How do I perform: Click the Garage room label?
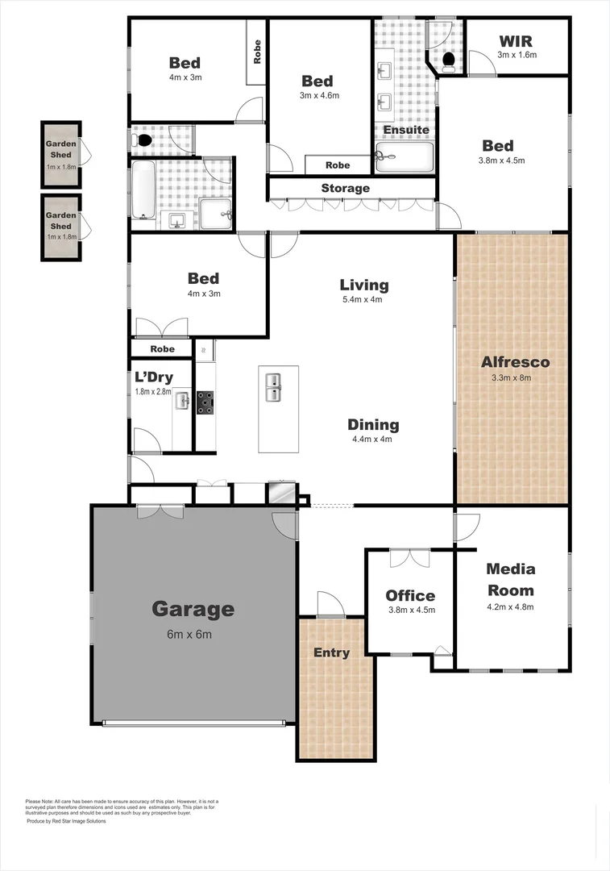pos(193,609)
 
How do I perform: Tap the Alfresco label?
pos(515,361)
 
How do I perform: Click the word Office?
pos(409,595)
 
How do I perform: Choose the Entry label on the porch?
pos(331,652)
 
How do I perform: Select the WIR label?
pos(517,41)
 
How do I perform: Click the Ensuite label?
pos(405,130)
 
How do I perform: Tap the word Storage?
pos(345,188)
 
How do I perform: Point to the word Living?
pos(363,285)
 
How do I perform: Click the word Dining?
pos(373,424)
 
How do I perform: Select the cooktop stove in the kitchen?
pos(205,402)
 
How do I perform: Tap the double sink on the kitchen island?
pos(273,387)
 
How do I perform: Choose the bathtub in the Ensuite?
pos(405,158)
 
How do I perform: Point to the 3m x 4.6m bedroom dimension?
pos(317,95)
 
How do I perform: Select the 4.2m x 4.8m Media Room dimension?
pos(510,607)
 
